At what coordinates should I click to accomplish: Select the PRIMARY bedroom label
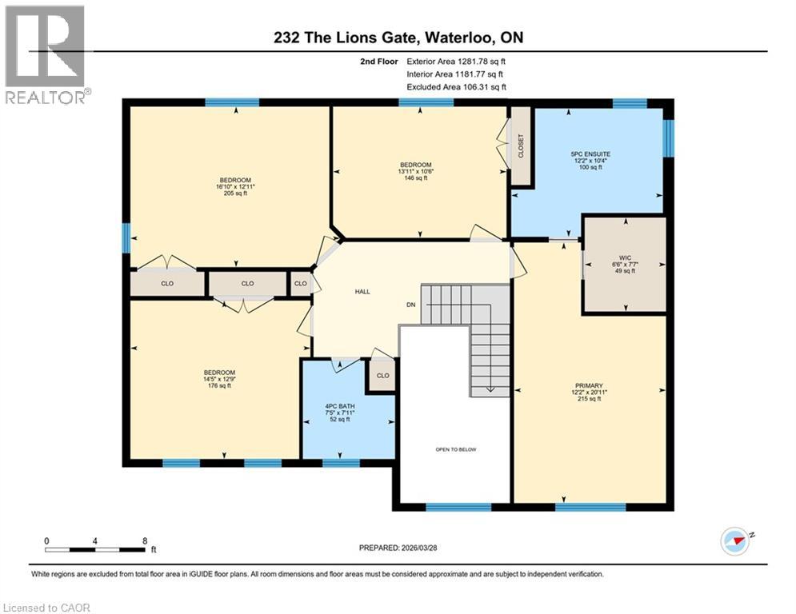(588, 385)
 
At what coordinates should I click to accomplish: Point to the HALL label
(362, 292)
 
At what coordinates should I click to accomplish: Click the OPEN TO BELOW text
(455, 449)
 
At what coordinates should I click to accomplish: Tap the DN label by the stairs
(411, 305)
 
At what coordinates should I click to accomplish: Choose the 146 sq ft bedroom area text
(415, 178)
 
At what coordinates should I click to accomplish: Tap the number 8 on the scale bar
(143, 541)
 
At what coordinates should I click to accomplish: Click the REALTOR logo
(46, 54)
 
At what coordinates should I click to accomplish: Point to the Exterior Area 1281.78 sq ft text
(456, 61)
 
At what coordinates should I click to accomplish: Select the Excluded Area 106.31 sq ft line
(456, 87)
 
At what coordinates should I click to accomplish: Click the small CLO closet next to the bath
(382, 375)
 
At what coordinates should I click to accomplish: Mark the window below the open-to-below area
(458, 507)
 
